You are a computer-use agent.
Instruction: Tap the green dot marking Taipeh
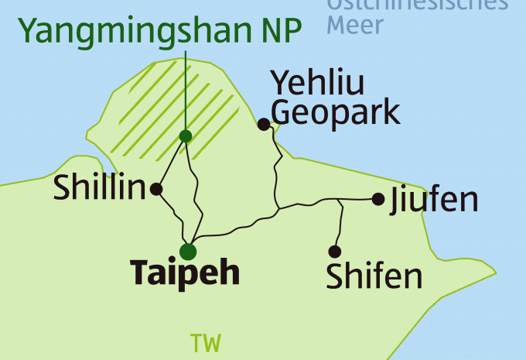pyautogui.click(x=188, y=252)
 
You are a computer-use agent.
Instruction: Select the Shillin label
pyautogui.click(x=100, y=189)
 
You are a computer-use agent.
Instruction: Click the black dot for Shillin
pyautogui.click(x=157, y=188)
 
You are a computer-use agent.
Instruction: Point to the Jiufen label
pyautogui.click(x=434, y=200)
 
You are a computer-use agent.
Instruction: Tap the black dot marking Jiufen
pyautogui.click(x=378, y=199)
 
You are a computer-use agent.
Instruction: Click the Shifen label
pyautogui.click(x=374, y=276)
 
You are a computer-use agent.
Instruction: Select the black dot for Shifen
pyautogui.click(x=335, y=252)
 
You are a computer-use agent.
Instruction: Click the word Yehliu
pyautogui.click(x=317, y=83)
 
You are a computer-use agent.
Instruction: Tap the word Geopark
pyautogui.click(x=336, y=112)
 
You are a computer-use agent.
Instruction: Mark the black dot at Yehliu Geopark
pyautogui.click(x=264, y=124)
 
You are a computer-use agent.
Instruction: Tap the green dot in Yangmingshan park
pyautogui.click(x=186, y=136)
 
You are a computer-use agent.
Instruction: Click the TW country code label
pyautogui.click(x=205, y=343)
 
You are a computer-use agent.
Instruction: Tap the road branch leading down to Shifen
pyautogui.click(x=338, y=225)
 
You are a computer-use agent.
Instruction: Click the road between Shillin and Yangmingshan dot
pyautogui.click(x=172, y=162)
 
